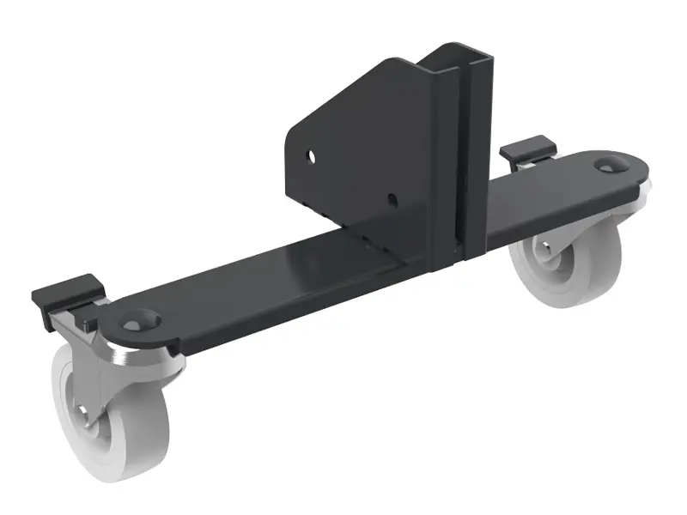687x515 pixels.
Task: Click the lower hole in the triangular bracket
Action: [x=392, y=199]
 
